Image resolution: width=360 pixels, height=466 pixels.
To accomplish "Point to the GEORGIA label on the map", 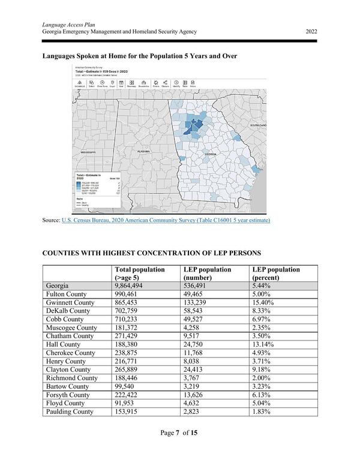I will (x=211, y=154).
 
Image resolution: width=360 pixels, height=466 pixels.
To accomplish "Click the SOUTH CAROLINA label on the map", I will (x=262, y=125).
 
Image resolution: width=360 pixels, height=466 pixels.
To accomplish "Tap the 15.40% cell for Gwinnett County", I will (x=263, y=303).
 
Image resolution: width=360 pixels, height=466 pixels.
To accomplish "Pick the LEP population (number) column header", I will (x=207, y=274).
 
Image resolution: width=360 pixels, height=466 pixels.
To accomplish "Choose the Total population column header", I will (x=140, y=274).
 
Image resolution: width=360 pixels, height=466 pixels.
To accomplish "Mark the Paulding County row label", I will (x=70, y=411).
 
